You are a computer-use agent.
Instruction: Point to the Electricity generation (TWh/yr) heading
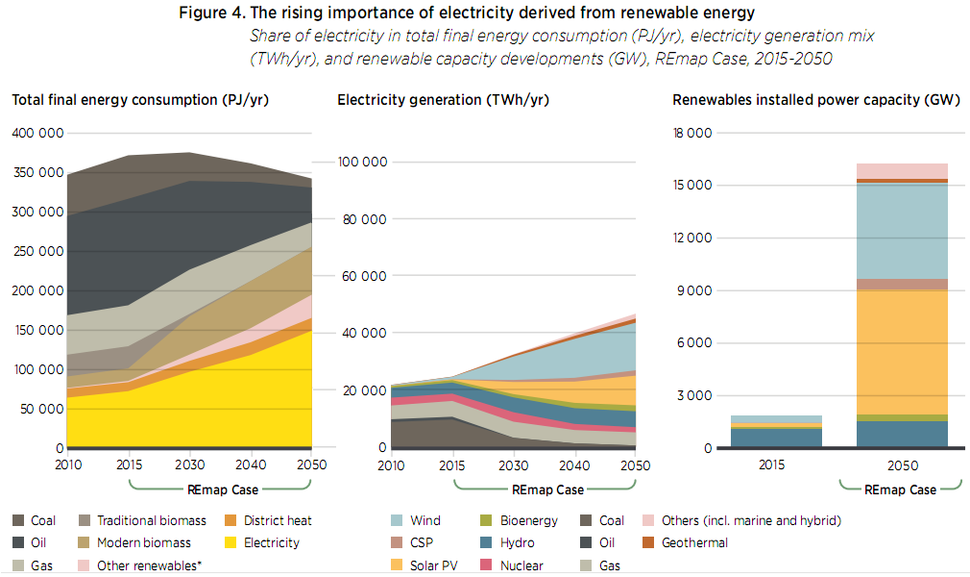pyautogui.click(x=443, y=100)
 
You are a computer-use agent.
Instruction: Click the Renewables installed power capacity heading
pyautogui.click(x=809, y=100)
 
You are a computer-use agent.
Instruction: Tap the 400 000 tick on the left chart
pyautogui.click(x=37, y=133)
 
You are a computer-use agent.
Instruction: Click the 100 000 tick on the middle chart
pyautogui.click(x=363, y=162)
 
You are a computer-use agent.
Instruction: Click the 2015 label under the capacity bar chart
pyautogui.click(x=771, y=464)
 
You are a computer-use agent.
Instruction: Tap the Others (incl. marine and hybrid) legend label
pyautogui.click(x=751, y=520)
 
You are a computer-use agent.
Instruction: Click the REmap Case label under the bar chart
pyautogui.click(x=900, y=489)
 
